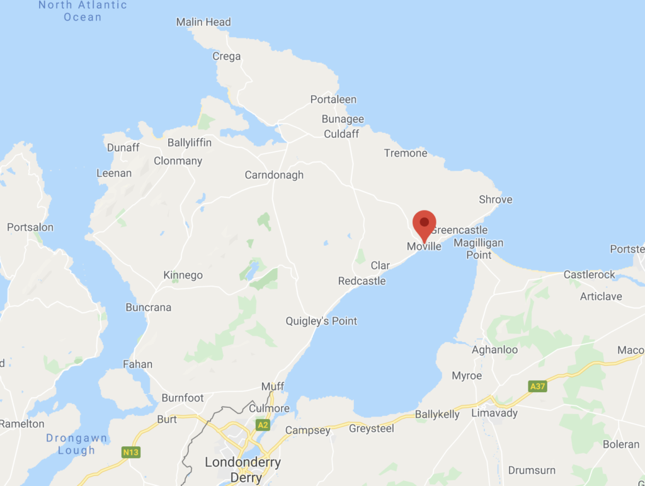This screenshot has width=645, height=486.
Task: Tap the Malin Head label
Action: (x=203, y=22)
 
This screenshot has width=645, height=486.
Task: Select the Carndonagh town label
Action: (x=274, y=175)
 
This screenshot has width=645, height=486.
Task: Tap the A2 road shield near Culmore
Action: (x=263, y=425)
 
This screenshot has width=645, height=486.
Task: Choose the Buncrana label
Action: (x=148, y=308)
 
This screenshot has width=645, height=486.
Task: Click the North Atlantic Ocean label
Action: (x=83, y=11)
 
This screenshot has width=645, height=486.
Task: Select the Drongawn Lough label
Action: (x=76, y=444)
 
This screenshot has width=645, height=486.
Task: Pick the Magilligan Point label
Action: (x=479, y=249)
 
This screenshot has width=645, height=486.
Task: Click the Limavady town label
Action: (x=494, y=414)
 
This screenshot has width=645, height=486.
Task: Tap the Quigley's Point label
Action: (x=321, y=321)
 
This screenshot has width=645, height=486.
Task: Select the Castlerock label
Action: (x=589, y=275)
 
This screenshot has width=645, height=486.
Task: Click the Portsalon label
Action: (x=30, y=227)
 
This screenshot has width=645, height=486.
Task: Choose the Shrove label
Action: (x=495, y=200)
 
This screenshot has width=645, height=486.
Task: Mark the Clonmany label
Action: (x=178, y=161)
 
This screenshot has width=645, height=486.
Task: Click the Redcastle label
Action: (x=362, y=281)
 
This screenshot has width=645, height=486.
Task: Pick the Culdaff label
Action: (x=341, y=134)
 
